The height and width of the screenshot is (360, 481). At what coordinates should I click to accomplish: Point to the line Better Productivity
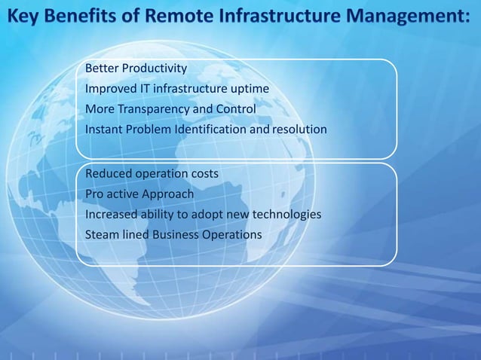pyautogui.click(x=136, y=69)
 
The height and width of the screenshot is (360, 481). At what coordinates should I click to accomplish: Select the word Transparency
pyautogui.click(x=155, y=110)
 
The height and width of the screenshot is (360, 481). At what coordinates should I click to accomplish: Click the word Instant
pyautogui.click(x=104, y=130)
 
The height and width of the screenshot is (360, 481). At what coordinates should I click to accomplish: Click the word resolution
pyautogui.click(x=299, y=130)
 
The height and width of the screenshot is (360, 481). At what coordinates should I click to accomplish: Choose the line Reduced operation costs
pyautogui.click(x=152, y=174)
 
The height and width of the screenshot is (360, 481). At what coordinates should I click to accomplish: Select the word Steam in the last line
pyautogui.click(x=102, y=235)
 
